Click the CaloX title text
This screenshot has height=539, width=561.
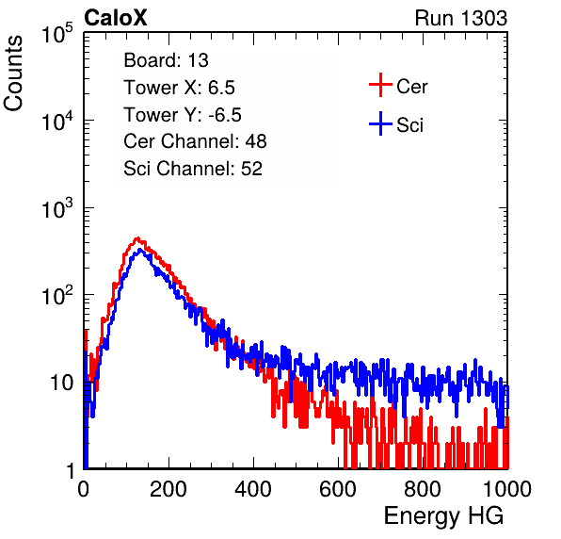coord(116,18)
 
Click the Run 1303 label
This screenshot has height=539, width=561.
coord(461,18)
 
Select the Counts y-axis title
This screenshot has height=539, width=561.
coord(13,73)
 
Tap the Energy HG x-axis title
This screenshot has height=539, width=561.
coord(443,516)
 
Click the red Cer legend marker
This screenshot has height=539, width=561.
coord(380,85)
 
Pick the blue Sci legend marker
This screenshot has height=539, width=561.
coord(380,123)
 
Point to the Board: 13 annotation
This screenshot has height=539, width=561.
coord(166,60)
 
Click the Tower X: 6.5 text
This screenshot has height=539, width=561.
coord(179,88)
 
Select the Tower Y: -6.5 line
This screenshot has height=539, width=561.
coord(183,115)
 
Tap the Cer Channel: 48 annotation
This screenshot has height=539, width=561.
coord(195,141)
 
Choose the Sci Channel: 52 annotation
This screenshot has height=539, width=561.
coord(193,169)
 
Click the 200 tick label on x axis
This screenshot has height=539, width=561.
coord(168,489)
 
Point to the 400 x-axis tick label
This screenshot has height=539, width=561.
coord(253,489)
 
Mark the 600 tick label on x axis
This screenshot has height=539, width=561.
coord(338,489)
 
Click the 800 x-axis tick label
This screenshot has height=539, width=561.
coord(423,489)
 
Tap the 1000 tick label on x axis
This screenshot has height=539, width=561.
coord(507,489)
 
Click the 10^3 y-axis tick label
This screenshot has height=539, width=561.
coord(57,208)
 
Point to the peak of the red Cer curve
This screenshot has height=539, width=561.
coord(137,237)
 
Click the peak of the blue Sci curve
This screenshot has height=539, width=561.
coord(140,250)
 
